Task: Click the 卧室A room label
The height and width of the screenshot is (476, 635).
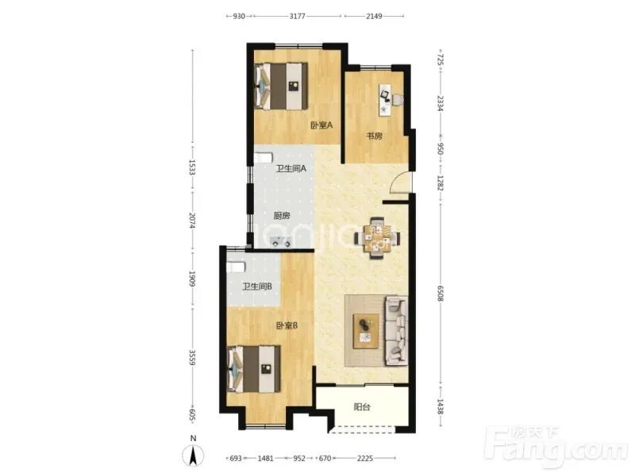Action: coord(321,125)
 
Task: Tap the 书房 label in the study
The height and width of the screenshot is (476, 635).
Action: coord(374,136)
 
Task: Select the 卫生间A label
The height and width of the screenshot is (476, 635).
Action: coord(291,168)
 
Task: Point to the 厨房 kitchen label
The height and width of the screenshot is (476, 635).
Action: coord(282,216)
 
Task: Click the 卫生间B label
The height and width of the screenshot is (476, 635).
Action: coord(257,286)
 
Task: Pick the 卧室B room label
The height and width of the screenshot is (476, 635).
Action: coord(287,325)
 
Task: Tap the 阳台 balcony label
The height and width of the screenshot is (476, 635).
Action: coord(362,407)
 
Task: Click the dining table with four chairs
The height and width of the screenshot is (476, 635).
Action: coord(377,238)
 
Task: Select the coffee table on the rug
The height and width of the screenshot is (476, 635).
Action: coord(366,331)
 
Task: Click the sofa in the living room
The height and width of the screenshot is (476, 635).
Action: coord(396,331)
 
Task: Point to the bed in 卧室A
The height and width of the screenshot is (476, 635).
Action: coord(281,86)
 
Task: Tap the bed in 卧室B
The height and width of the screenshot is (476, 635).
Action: coord(254,369)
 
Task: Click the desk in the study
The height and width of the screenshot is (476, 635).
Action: coord(386,100)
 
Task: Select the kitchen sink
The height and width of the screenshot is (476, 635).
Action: coord(281,242)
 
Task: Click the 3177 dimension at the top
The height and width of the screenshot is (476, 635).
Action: coord(297,16)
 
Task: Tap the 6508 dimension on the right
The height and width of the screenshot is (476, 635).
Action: coord(441,293)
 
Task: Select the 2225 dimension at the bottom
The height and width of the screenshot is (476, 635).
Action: coord(365,459)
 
